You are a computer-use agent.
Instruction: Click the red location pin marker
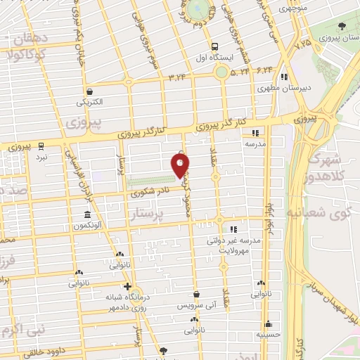180,165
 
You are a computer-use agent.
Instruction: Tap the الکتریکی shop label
90,102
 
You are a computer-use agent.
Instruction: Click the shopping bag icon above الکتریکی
90,91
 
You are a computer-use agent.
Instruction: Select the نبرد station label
42,157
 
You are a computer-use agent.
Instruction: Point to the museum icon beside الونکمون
87,214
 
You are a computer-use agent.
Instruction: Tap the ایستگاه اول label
209,59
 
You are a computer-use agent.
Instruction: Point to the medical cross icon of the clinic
127,286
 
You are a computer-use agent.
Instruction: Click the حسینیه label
268,335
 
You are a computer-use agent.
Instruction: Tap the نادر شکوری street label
149,190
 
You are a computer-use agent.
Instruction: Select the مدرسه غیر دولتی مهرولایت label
233,244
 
